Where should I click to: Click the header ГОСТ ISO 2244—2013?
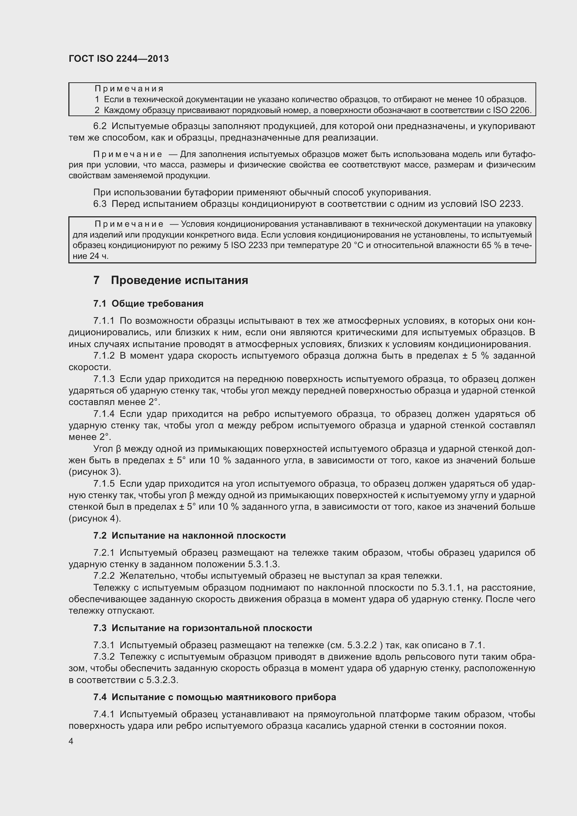click(x=119, y=59)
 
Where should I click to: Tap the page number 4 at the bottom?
click(x=71, y=741)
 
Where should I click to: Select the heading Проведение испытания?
click(x=179, y=280)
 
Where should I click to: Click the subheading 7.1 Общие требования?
click(x=148, y=304)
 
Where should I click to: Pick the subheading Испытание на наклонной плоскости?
click(x=198, y=536)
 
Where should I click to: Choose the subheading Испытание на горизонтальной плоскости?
click(x=211, y=628)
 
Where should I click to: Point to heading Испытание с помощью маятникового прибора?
click(x=224, y=697)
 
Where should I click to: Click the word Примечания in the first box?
click(x=129, y=89)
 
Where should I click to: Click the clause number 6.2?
click(x=100, y=126)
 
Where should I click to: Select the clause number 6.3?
click(x=100, y=204)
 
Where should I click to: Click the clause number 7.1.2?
click(x=104, y=356)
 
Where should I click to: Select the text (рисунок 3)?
click(x=95, y=472)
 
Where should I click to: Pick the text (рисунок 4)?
click(x=95, y=518)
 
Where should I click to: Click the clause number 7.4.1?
click(x=104, y=714)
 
